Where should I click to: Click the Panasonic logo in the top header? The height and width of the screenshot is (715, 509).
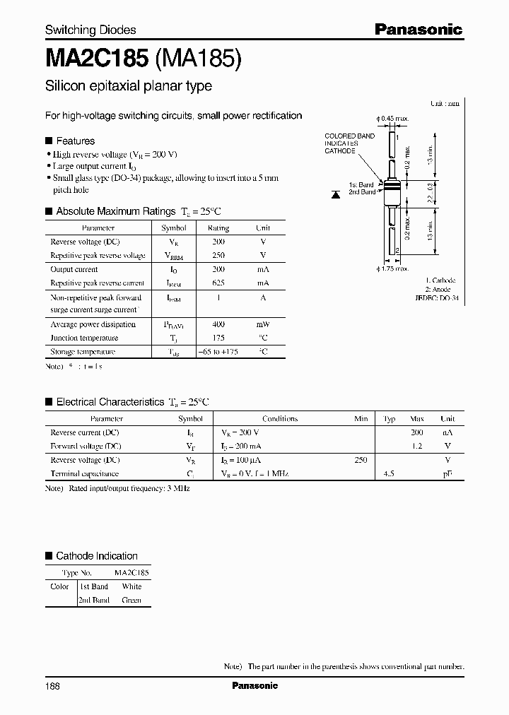(418, 29)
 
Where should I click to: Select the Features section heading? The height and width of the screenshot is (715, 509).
(75, 141)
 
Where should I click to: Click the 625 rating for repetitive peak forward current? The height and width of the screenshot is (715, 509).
(218, 283)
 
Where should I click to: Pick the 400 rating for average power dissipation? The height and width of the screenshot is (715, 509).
(218, 324)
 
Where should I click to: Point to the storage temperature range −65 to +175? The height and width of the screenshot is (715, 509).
(218, 351)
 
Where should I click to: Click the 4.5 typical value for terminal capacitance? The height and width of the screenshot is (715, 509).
(389, 474)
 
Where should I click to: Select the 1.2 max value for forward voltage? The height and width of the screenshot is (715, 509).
(417, 446)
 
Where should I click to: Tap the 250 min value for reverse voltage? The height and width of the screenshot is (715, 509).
(361, 460)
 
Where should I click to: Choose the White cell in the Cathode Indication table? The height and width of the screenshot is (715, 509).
(131, 586)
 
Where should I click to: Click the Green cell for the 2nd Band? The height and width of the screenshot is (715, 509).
(131, 600)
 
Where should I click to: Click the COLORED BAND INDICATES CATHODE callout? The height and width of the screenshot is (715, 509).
(349, 143)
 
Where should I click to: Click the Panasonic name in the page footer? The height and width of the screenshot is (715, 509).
(255, 685)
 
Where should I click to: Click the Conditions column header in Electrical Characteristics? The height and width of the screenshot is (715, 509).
(280, 419)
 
